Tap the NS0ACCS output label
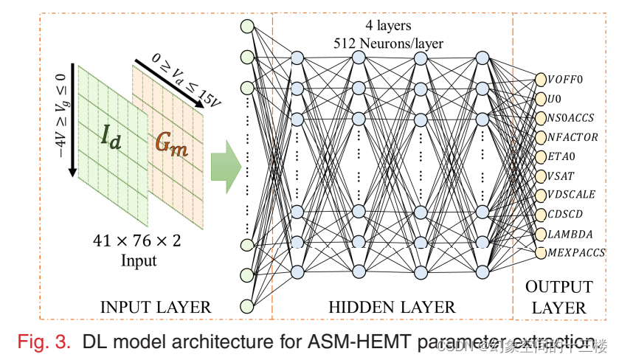[x=570, y=117]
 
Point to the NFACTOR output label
[x=572, y=136]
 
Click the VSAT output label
[x=561, y=176]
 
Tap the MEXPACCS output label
[x=575, y=252]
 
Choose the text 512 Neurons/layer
[x=388, y=44]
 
